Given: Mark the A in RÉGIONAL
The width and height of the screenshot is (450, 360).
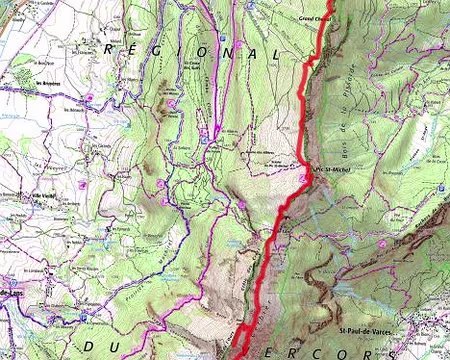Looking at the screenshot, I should (262, 52).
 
